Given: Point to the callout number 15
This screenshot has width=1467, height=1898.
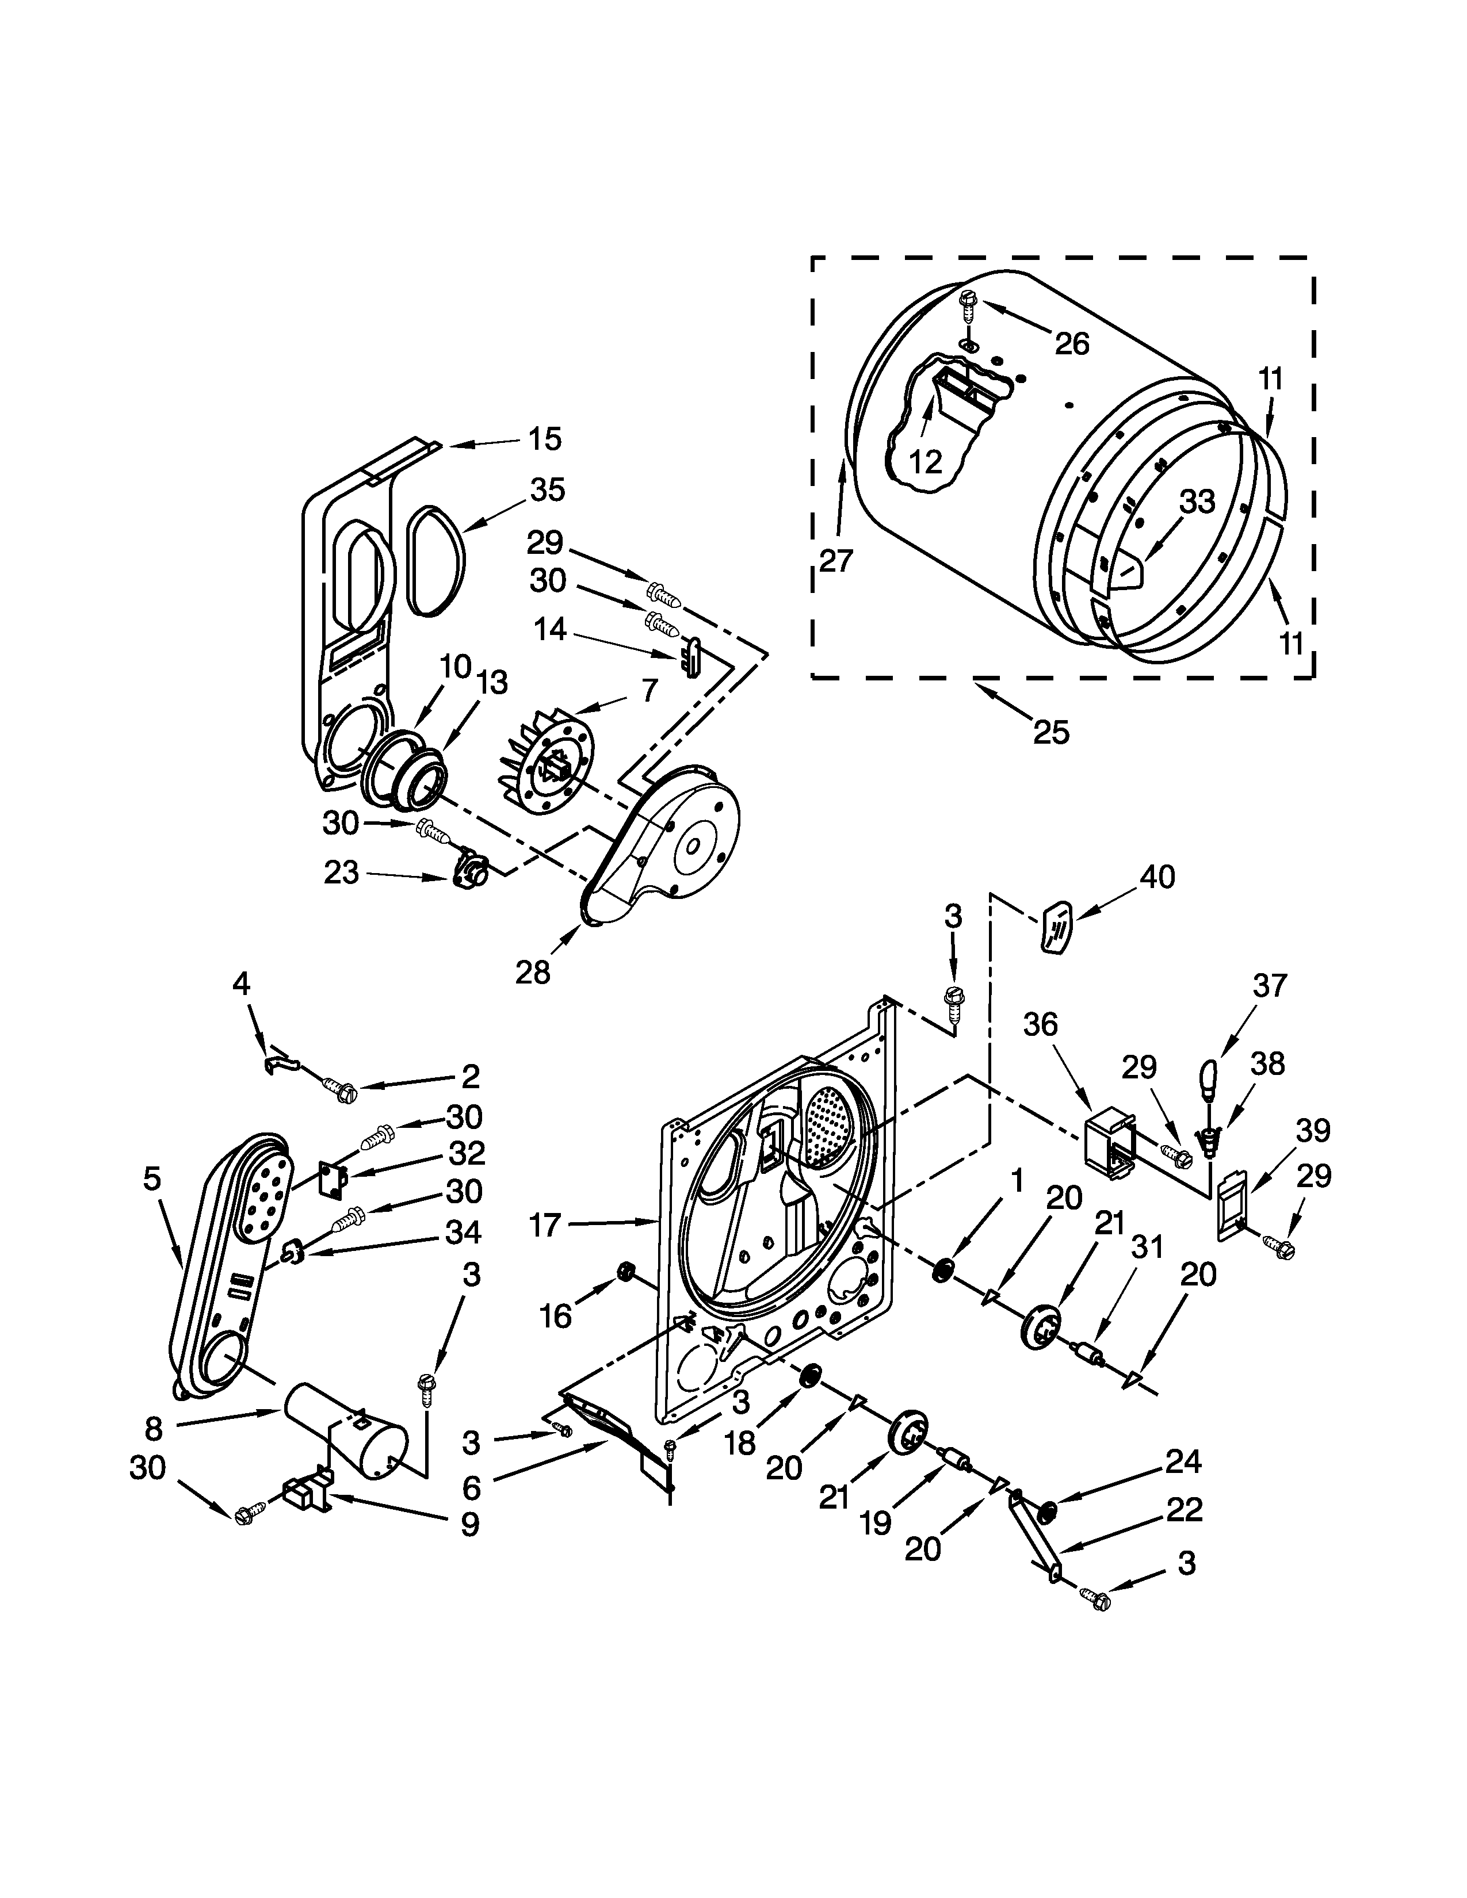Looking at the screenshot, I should click(545, 439).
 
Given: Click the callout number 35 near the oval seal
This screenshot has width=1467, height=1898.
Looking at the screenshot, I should click(548, 490).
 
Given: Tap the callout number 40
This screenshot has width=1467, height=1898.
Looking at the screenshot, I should click(1157, 877).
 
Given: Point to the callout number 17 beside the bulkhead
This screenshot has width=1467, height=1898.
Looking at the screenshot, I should click(546, 1225).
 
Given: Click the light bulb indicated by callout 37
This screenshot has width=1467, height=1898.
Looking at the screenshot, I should click(1210, 1080).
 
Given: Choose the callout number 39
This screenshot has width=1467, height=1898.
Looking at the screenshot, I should click(1313, 1131).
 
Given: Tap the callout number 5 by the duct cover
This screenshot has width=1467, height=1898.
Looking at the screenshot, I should click(152, 1179).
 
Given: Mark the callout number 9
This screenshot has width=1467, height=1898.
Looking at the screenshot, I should click(469, 1524).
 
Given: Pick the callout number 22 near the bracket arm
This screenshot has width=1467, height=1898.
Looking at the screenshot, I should click(1184, 1510).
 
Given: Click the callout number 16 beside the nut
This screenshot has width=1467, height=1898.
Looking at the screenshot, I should click(555, 1317).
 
